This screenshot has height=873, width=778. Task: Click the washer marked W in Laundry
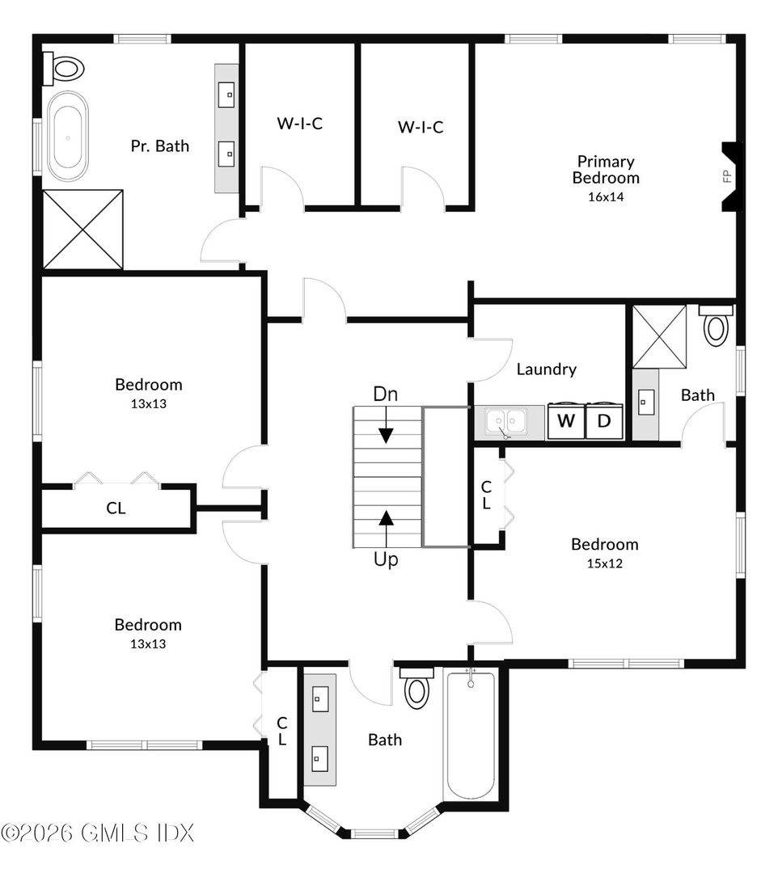566,421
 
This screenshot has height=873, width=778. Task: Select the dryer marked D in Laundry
605,421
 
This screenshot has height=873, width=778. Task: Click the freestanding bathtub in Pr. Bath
67,136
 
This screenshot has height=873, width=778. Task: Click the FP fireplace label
727,176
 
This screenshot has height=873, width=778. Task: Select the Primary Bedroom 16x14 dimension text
606,196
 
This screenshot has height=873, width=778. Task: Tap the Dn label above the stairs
385,394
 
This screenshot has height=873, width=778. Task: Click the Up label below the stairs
386,559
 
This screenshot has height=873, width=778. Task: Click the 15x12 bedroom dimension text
604,563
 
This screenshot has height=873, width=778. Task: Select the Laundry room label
547,369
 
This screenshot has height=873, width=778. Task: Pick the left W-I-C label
300,124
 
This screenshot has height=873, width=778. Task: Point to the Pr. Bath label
160,145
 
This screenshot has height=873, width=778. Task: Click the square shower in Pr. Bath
82,230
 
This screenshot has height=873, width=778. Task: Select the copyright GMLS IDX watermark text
98,833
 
